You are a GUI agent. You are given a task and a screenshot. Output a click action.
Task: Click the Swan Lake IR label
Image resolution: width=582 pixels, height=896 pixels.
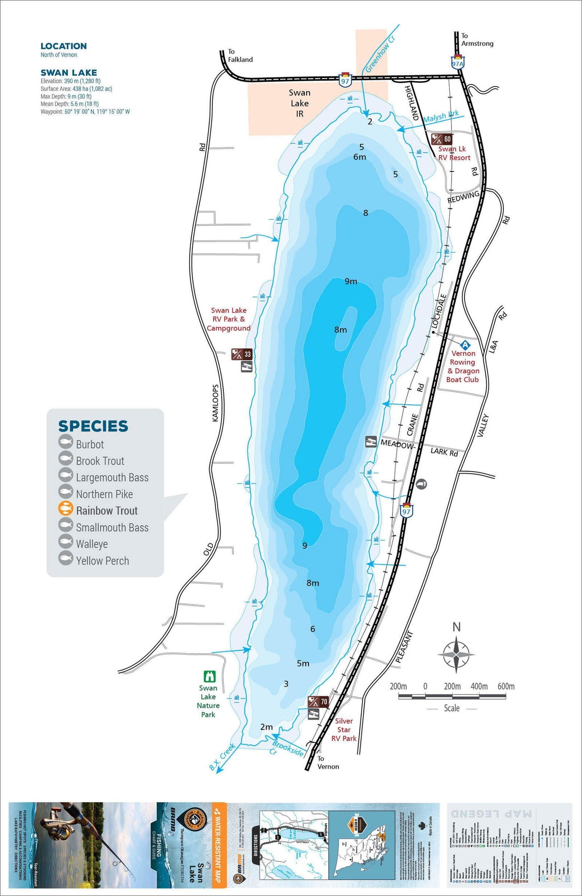300,103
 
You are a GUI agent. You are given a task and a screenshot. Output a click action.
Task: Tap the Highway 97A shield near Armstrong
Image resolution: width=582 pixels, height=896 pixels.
457,63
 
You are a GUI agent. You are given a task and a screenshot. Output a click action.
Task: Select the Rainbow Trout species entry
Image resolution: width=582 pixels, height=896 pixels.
106,510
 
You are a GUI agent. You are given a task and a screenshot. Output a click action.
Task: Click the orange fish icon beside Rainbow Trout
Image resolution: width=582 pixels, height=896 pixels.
66,509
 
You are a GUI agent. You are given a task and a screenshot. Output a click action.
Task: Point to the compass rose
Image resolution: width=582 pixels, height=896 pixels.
456,654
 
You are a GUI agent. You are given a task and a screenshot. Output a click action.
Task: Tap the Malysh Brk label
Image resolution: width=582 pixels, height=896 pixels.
441,116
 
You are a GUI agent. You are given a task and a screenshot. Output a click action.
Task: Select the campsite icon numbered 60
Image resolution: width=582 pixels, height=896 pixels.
442,139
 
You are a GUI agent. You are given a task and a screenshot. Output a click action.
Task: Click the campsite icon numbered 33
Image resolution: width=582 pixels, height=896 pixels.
242,354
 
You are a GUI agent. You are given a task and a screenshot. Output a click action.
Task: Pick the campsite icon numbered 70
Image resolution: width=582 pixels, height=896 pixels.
318,702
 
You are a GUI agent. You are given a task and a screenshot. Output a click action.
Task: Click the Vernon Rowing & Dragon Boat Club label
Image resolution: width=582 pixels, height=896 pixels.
463,366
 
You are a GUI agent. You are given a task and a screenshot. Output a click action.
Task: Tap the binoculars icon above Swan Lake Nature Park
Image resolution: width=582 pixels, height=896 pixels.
210,676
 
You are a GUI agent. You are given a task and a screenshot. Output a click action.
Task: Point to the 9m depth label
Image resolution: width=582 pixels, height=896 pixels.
351,281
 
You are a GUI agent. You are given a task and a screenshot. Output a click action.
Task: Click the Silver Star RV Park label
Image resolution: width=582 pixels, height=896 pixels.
344,729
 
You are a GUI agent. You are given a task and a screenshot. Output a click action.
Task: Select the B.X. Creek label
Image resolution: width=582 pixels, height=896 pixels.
222,757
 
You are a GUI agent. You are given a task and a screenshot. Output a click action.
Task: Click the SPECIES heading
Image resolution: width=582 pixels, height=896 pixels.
93,426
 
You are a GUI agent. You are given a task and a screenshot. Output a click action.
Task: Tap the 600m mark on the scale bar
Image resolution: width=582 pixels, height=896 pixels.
506,687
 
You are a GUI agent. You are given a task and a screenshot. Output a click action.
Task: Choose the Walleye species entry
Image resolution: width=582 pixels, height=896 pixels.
92,544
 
